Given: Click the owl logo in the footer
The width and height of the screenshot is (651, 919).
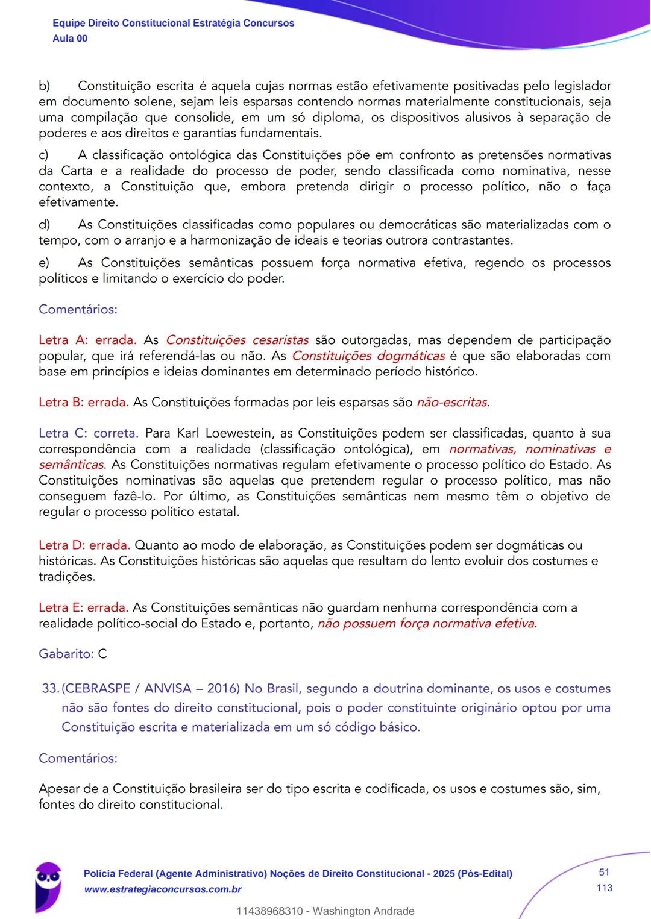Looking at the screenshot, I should pyautogui.click(x=48, y=884).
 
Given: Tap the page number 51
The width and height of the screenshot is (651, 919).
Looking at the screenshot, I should pyautogui.click(x=604, y=872).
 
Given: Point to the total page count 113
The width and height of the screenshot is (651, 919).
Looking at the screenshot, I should pyautogui.click(x=604, y=888).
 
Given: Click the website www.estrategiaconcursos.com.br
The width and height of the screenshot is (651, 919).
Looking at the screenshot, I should pyautogui.click(x=163, y=889).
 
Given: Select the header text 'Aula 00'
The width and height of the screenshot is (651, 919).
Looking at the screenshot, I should pyautogui.click(x=70, y=39).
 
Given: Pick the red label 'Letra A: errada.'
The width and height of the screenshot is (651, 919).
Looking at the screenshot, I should pyautogui.click(x=87, y=340).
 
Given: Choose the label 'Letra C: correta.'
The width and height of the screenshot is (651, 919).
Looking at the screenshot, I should pyautogui.click(x=89, y=433).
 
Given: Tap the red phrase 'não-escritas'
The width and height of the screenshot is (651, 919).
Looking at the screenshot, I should pyautogui.click(x=452, y=402).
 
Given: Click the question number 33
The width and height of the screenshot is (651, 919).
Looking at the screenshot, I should pyautogui.click(x=50, y=688).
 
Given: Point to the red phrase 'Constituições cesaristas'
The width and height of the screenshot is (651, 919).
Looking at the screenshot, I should pyautogui.click(x=237, y=340).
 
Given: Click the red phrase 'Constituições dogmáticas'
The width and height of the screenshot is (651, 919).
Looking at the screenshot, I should pyautogui.click(x=368, y=356).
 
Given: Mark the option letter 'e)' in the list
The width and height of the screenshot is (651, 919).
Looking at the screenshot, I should pyautogui.click(x=44, y=263).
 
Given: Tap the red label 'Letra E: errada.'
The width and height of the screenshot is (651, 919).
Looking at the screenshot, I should pyautogui.click(x=83, y=607).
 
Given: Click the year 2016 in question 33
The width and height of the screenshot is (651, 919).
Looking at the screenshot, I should pyautogui.click(x=223, y=688).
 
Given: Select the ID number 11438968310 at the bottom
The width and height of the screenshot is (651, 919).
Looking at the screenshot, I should pyautogui.click(x=269, y=911).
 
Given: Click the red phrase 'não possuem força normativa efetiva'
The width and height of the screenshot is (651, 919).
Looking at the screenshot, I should pyautogui.click(x=426, y=623).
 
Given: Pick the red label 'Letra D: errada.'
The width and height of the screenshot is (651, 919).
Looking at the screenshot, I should pyautogui.click(x=84, y=545).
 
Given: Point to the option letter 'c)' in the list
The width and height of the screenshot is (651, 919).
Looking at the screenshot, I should pyautogui.click(x=43, y=155).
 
